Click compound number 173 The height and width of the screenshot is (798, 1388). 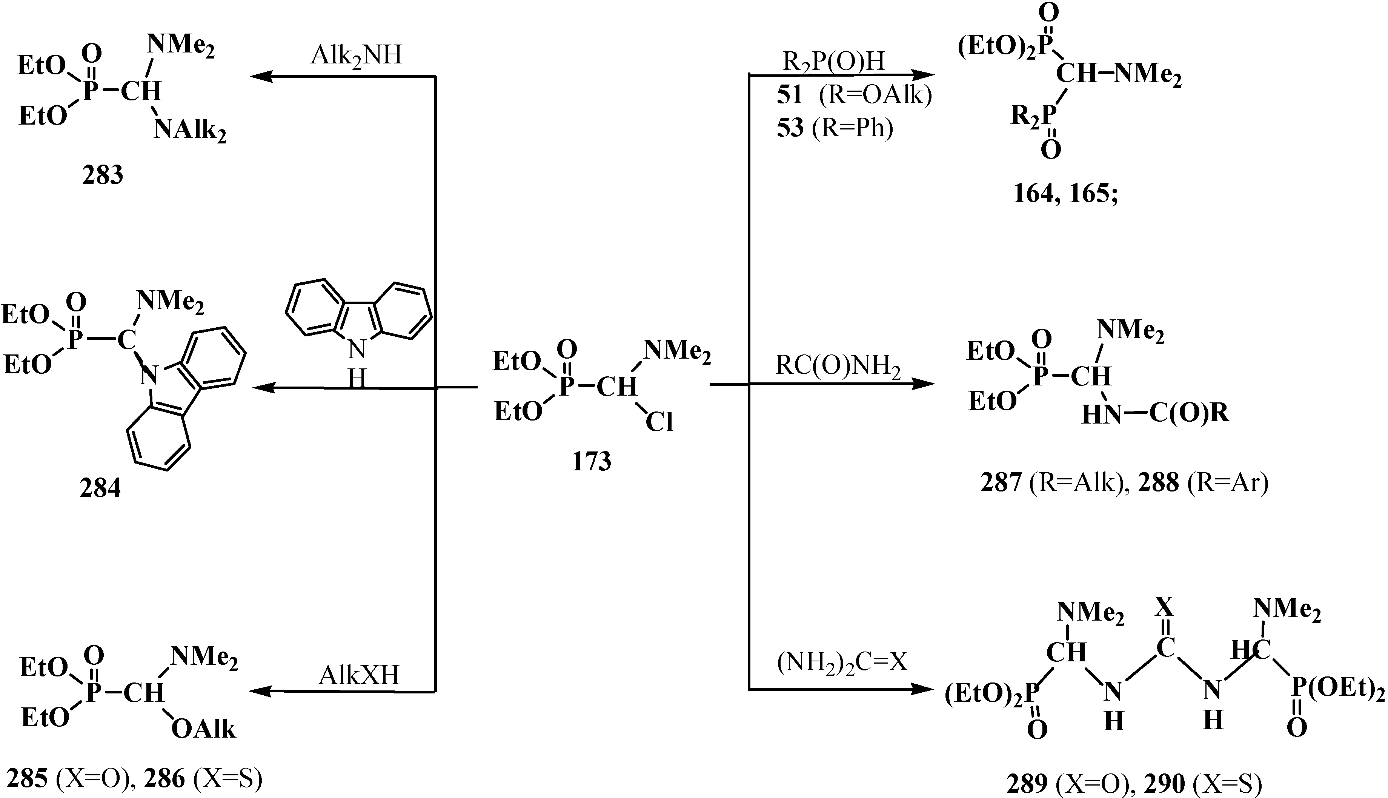(591, 462)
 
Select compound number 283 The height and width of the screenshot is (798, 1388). (102, 176)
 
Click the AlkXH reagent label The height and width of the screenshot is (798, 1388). (359, 676)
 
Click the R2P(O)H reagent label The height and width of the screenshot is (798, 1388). (834, 62)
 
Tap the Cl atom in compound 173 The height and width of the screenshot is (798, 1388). (659, 422)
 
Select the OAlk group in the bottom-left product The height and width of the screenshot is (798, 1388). (203, 730)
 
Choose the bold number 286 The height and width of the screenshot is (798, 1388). (164, 779)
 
